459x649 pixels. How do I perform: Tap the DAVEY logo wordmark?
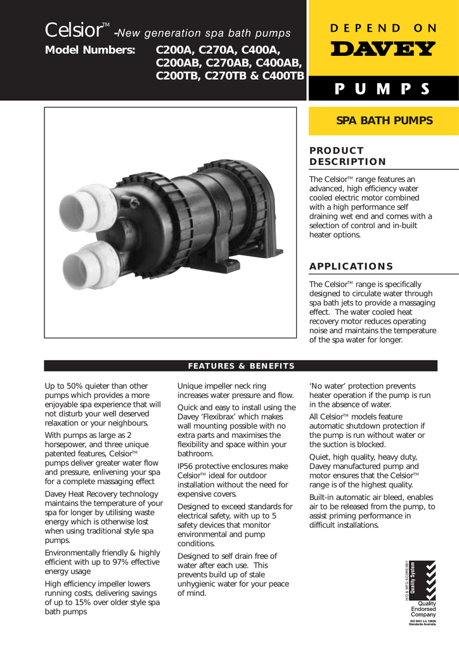(x=383, y=49)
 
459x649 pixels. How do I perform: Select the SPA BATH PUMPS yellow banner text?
(x=384, y=120)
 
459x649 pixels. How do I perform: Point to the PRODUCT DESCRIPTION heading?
(x=347, y=156)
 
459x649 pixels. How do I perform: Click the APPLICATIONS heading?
(x=351, y=266)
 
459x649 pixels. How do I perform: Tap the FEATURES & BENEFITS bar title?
(x=241, y=366)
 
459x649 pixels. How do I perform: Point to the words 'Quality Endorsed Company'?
(x=423, y=609)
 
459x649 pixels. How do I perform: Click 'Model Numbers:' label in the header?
(x=90, y=51)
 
